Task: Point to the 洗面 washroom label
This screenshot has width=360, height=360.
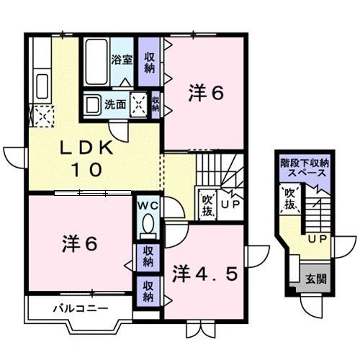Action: pyautogui.click(x=117, y=104)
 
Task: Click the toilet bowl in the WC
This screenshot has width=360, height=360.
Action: pyautogui.click(x=148, y=226)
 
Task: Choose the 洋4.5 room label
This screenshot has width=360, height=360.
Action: pyautogui.click(x=204, y=274)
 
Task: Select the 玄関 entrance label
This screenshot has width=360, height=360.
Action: pyautogui.click(x=310, y=279)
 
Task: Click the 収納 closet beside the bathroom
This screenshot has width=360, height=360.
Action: pyautogui.click(x=149, y=63)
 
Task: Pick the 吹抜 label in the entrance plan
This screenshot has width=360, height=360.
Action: pyautogui.click(x=289, y=199)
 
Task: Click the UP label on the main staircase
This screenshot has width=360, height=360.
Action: pyautogui.click(x=231, y=204)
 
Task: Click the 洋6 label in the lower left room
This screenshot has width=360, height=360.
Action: pyautogui.click(x=78, y=243)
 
